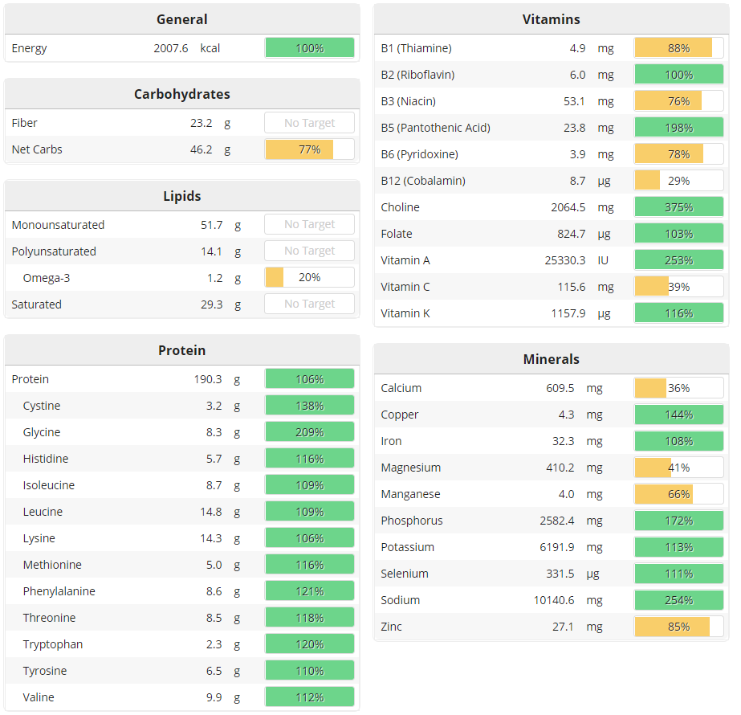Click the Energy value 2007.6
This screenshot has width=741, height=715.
click(x=171, y=48)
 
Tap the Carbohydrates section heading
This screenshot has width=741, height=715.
click(x=181, y=94)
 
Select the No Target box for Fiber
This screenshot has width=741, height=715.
click(x=309, y=123)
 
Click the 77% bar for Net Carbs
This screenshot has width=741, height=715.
click(x=309, y=149)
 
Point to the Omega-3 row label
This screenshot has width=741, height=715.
click(x=47, y=278)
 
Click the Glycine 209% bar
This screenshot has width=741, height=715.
click(x=309, y=432)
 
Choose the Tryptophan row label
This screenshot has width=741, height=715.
click(x=53, y=644)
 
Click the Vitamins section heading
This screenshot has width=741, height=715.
click(x=551, y=19)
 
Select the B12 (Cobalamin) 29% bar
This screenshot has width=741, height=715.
click(x=678, y=181)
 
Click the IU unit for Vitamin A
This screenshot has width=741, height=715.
click(x=604, y=260)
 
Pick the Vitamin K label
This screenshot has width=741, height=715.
click(x=405, y=313)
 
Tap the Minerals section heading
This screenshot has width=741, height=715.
click(x=551, y=359)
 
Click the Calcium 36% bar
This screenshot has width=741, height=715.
click(x=678, y=388)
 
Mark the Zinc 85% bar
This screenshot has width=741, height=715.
click(x=678, y=627)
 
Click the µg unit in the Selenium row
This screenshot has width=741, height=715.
click(x=592, y=574)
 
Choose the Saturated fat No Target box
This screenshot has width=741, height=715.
click(x=309, y=304)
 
